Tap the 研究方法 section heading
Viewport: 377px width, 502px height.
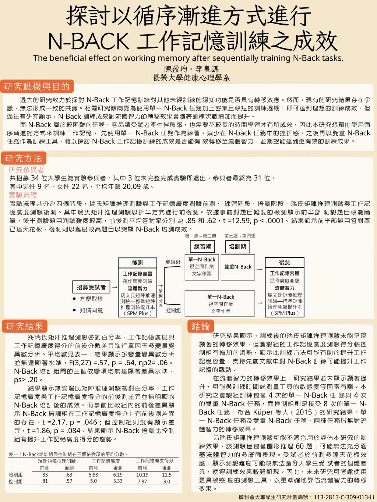(24, 159)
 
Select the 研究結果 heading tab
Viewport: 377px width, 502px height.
(25, 326)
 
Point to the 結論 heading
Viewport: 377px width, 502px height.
(201, 326)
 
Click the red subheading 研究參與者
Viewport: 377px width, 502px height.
(27, 170)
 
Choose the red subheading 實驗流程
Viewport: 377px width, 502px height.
(23, 195)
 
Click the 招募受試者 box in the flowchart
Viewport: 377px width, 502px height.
(91, 287)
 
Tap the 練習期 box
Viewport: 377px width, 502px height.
(203, 246)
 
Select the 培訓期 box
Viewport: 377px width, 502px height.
(237, 246)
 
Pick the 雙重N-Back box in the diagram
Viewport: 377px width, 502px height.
(238, 267)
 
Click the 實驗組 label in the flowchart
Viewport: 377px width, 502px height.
(173, 262)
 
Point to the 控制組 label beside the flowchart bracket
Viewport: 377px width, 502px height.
(173, 310)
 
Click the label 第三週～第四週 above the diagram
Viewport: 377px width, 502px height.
(240, 236)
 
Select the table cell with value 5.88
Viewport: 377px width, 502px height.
(94, 475)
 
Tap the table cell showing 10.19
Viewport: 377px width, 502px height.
(142, 475)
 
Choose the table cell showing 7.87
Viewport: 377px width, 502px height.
(142, 481)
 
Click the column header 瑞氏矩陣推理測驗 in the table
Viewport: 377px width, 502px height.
(57, 461)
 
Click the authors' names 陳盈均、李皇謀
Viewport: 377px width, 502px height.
(191, 69)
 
